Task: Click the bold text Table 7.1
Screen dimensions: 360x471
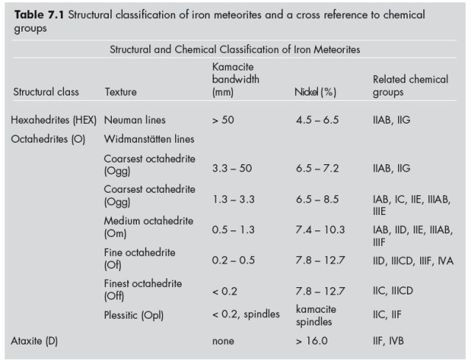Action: coord(40,15)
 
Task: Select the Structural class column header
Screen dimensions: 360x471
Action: coord(46,93)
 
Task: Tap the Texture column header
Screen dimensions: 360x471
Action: coord(121,93)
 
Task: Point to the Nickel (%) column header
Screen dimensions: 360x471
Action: coord(315,93)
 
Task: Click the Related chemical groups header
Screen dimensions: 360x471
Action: coord(410,85)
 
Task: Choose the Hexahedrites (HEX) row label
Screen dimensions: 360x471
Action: coord(54,119)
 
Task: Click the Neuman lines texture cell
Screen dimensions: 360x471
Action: coord(135,119)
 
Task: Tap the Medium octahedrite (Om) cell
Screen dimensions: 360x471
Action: coord(149,227)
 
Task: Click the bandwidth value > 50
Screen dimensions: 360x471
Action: coord(223,119)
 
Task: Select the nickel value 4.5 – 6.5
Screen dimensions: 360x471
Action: coord(316,119)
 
